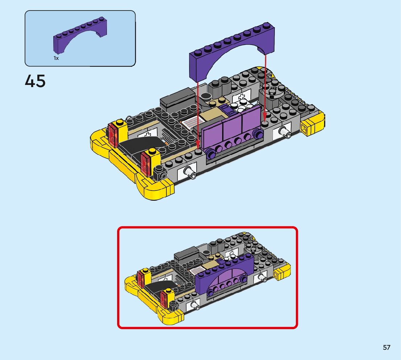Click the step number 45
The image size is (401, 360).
tap(35, 81)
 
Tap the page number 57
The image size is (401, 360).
tap(386, 347)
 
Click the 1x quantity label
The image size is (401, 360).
tap(56, 58)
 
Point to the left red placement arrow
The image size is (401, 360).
tap(198, 114)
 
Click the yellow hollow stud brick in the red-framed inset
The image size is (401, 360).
tap(282, 272)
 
